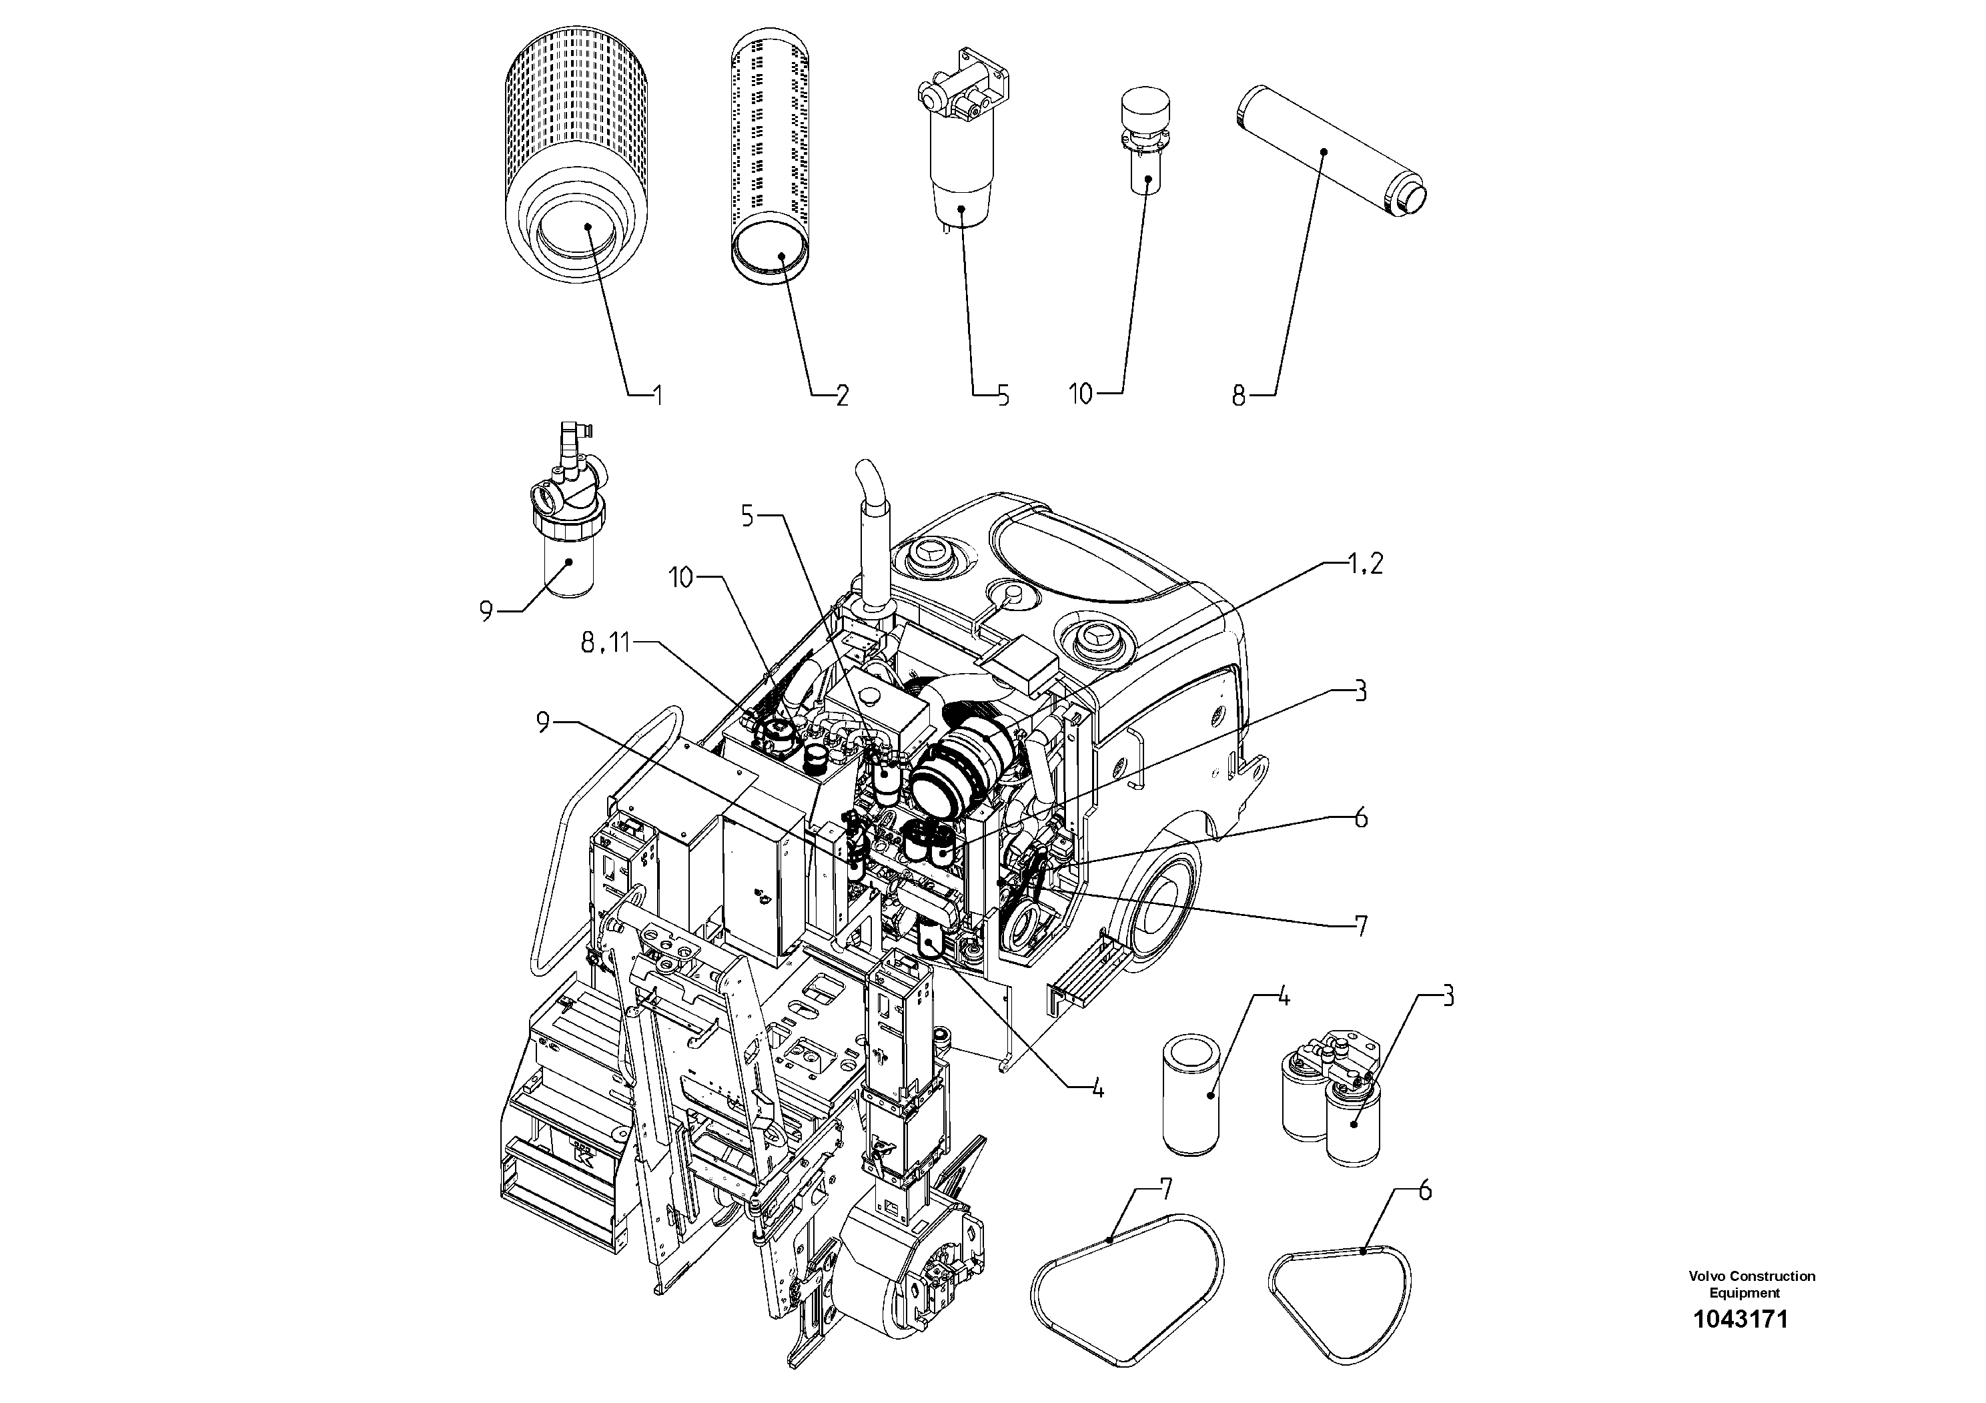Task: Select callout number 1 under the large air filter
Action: tap(656, 396)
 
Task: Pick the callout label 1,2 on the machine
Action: tap(1365, 564)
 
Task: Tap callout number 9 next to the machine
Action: tap(542, 723)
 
